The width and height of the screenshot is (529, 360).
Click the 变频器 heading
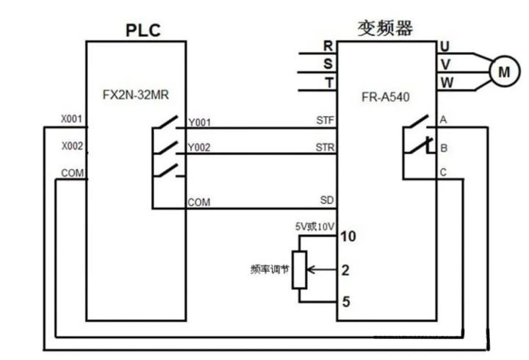click(x=384, y=28)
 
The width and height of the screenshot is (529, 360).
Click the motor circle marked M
click(x=503, y=71)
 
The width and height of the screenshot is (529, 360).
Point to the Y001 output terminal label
click(x=199, y=122)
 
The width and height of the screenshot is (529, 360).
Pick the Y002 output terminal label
click(x=199, y=148)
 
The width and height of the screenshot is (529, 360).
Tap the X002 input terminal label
click(x=71, y=146)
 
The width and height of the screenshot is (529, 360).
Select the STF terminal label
click(x=325, y=120)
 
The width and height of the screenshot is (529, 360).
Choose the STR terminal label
click(x=325, y=146)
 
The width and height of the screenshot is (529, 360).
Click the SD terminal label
click(x=327, y=199)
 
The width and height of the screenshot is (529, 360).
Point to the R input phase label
click(x=328, y=46)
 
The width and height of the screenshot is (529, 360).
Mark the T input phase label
click(x=328, y=82)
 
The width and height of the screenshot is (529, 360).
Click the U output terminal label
click(x=445, y=46)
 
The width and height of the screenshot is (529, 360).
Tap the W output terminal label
click(x=445, y=82)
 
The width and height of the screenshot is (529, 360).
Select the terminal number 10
click(x=349, y=237)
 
